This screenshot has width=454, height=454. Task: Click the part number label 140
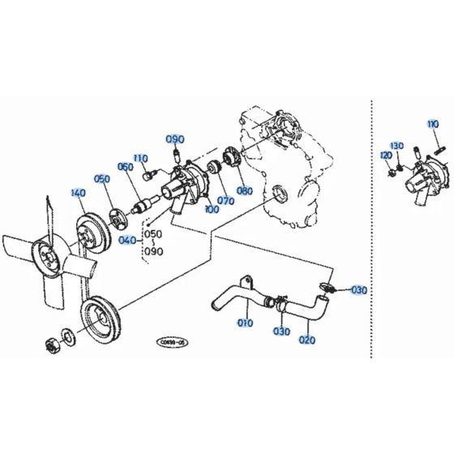click(78, 194)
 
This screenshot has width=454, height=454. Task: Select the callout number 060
click(125, 167)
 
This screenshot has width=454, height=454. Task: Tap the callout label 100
click(212, 209)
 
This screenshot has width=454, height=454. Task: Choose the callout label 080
click(244, 192)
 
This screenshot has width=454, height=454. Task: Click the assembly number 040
click(128, 241)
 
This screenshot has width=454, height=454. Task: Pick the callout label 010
click(245, 323)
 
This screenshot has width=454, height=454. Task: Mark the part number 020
click(307, 340)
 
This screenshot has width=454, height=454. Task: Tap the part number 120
click(386, 154)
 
